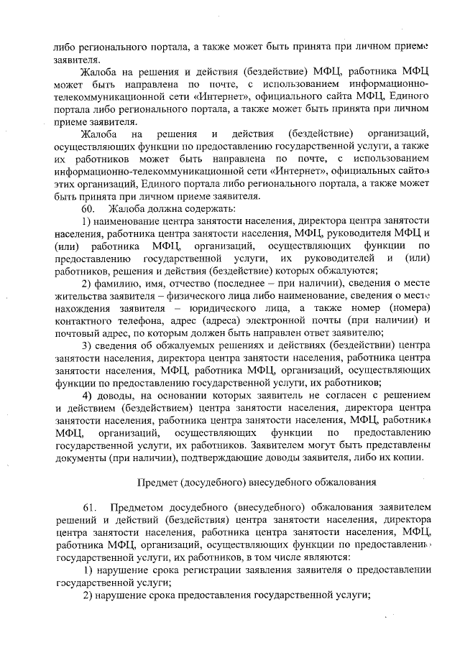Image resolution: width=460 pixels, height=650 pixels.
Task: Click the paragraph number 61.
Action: (x=88, y=509)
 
